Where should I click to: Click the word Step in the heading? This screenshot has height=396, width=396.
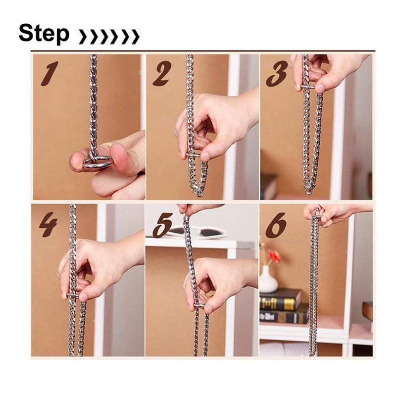pos(44,34)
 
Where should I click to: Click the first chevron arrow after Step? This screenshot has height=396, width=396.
pos(82,36)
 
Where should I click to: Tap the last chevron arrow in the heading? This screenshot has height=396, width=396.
pos(135,36)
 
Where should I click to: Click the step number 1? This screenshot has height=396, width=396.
pos(49,73)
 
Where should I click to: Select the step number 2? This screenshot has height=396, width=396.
pos(162,73)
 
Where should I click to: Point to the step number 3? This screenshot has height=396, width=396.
pos(277,73)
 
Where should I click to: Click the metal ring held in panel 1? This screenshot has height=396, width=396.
pos(98,162)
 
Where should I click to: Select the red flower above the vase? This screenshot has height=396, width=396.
pos(274,255)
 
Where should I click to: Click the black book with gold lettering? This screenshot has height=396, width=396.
pos(280,299)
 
